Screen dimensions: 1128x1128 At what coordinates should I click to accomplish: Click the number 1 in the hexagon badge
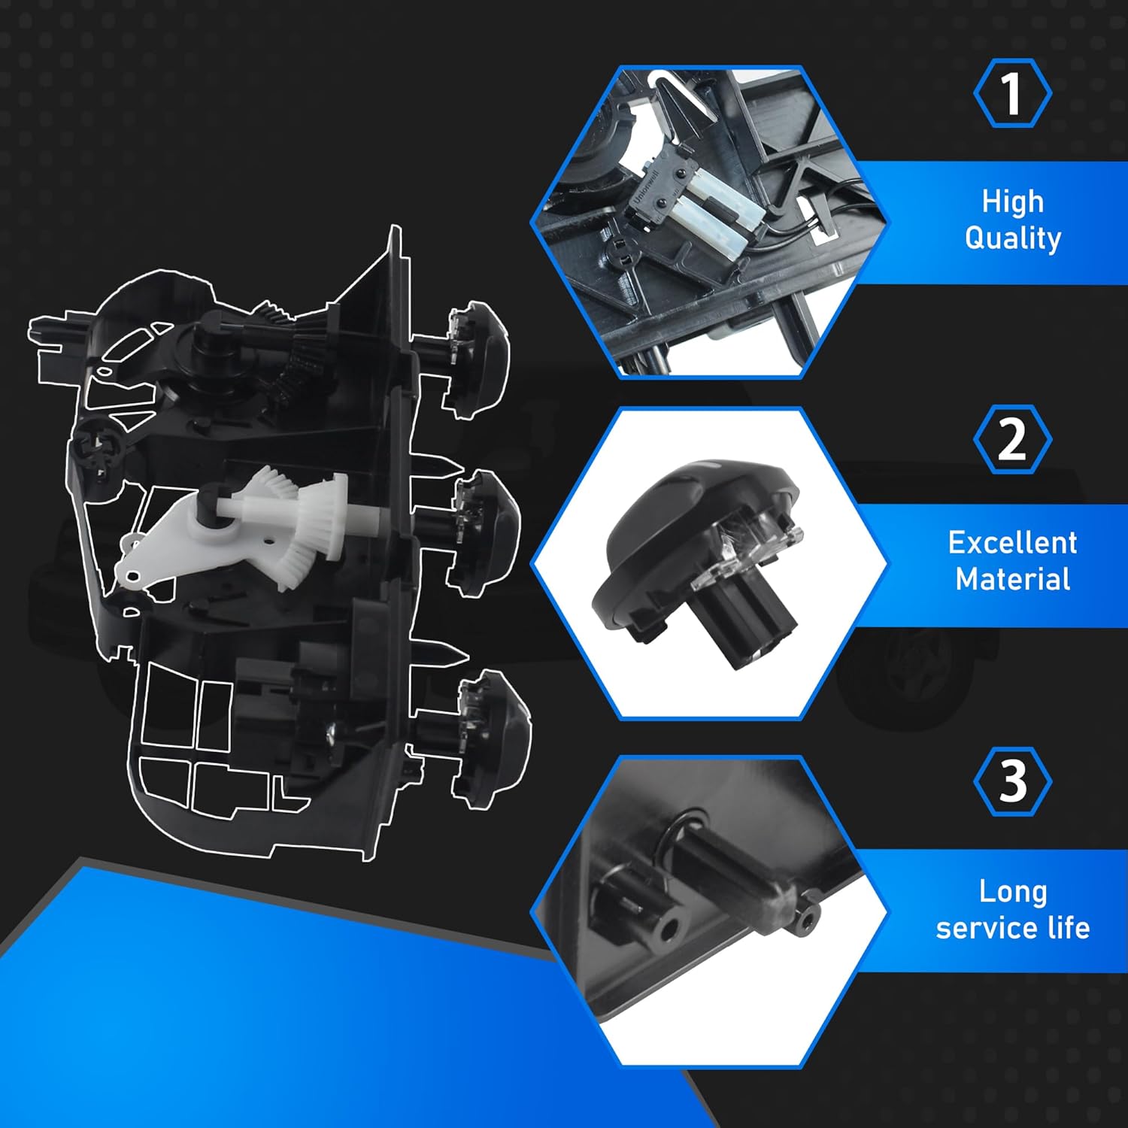coord(1012,93)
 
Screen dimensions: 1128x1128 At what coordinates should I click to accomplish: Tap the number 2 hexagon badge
coord(1012,439)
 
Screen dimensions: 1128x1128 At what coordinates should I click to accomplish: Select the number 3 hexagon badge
coord(1012,781)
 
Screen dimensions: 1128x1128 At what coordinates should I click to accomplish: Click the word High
coord(1012,202)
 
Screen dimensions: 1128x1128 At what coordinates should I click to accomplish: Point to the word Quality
coord(1012,238)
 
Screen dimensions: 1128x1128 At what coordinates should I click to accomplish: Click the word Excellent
coord(1012,543)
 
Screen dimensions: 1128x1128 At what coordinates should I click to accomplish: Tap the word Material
coord(1012,580)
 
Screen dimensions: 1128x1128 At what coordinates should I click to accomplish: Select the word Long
coord(1012,892)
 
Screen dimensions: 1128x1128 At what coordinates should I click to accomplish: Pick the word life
coord(1068,929)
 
